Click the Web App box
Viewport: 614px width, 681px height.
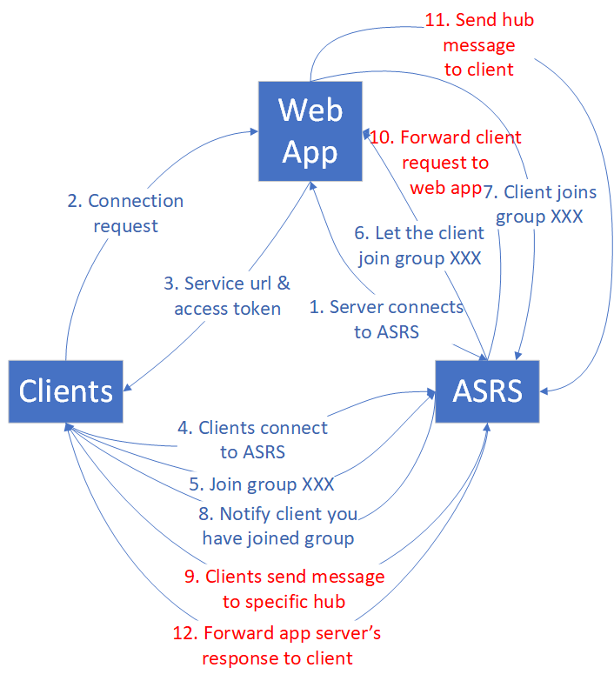click(309, 132)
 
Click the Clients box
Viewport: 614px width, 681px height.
click(66, 391)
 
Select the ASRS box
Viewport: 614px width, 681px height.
click(487, 391)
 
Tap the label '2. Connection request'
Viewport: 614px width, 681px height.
click(125, 213)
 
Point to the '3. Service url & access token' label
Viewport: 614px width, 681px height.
click(227, 296)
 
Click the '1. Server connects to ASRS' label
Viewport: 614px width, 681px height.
click(386, 319)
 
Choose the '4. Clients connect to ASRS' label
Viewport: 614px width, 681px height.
click(253, 439)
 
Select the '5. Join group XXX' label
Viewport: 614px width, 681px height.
click(262, 484)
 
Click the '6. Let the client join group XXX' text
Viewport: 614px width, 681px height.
click(418, 245)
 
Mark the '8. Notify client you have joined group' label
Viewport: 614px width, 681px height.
click(278, 526)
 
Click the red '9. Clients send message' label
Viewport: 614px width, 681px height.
click(294, 589)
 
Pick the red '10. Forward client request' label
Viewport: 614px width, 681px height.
click(446, 162)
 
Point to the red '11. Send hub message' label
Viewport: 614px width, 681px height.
click(479, 44)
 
